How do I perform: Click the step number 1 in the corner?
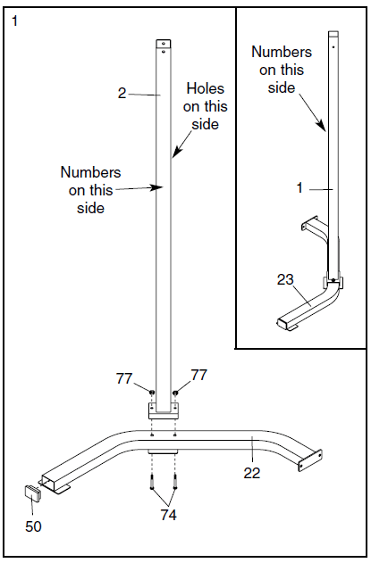click(x=15, y=21)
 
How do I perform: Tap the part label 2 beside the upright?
click(x=122, y=94)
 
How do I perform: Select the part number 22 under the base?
click(x=252, y=473)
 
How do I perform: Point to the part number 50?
click(x=33, y=526)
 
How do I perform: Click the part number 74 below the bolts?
click(x=168, y=515)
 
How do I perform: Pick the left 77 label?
click(x=124, y=378)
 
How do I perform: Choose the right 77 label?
click(x=199, y=375)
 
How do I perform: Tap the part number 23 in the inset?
click(x=285, y=279)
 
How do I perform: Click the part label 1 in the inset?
click(x=299, y=187)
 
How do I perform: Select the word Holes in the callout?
click(x=205, y=88)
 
